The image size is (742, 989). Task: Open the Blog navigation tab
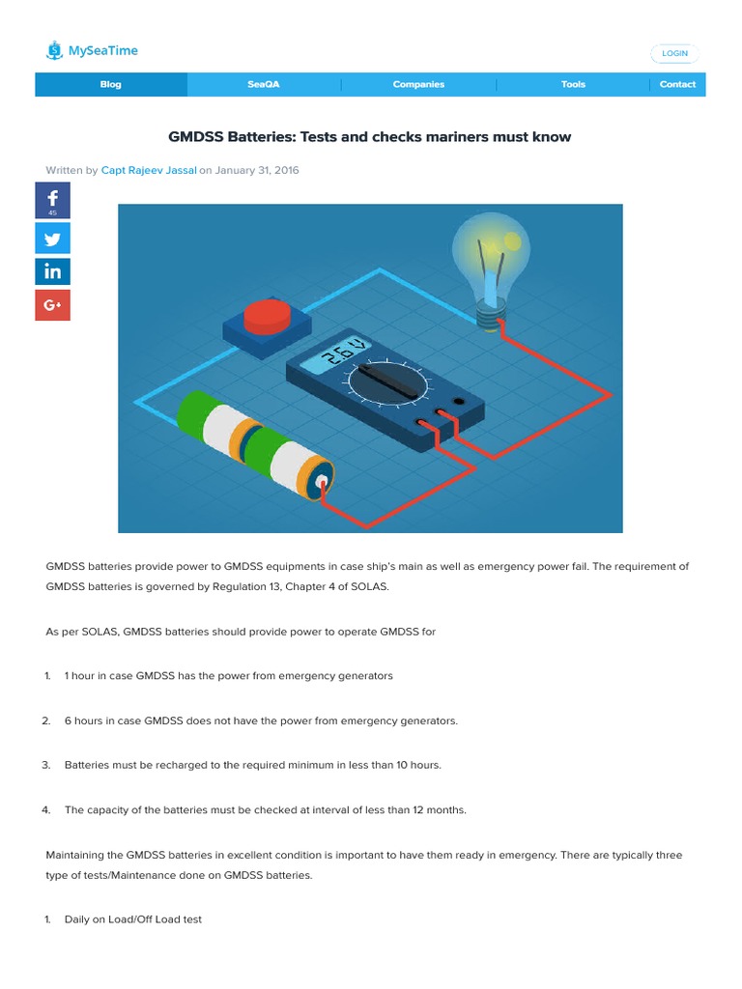coord(111,85)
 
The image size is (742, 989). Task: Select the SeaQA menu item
coord(263,85)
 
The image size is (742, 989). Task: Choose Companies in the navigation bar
coord(418,85)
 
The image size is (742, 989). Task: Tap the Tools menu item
coord(573,85)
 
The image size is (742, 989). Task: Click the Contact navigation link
coord(677,85)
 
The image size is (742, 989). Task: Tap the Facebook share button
coord(53,200)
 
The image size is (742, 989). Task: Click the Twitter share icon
coord(53,237)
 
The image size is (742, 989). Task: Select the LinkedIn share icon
coord(53,271)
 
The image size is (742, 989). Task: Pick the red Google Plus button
coord(53,306)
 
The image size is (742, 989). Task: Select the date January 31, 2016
coord(257,170)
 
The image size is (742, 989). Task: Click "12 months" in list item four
coord(439,810)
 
